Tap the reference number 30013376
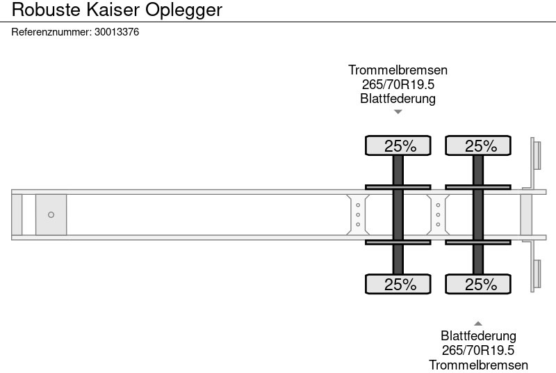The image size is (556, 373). click(117, 32)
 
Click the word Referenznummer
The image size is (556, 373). click(51, 32)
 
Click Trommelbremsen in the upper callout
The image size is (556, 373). click(398, 70)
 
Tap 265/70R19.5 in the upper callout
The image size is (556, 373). click(398, 84)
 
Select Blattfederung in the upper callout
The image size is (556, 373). click(398, 98)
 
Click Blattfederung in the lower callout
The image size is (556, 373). click(478, 337)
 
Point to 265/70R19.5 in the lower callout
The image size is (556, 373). click(478, 351)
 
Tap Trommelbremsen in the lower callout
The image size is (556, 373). click(478, 365)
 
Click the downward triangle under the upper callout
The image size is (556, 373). click(398, 111)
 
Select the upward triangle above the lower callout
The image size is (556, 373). click(478, 323)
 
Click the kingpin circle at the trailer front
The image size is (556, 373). click(51, 215)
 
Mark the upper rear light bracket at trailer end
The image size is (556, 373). click(536, 154)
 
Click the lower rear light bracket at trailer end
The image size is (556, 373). click(536, 275)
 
